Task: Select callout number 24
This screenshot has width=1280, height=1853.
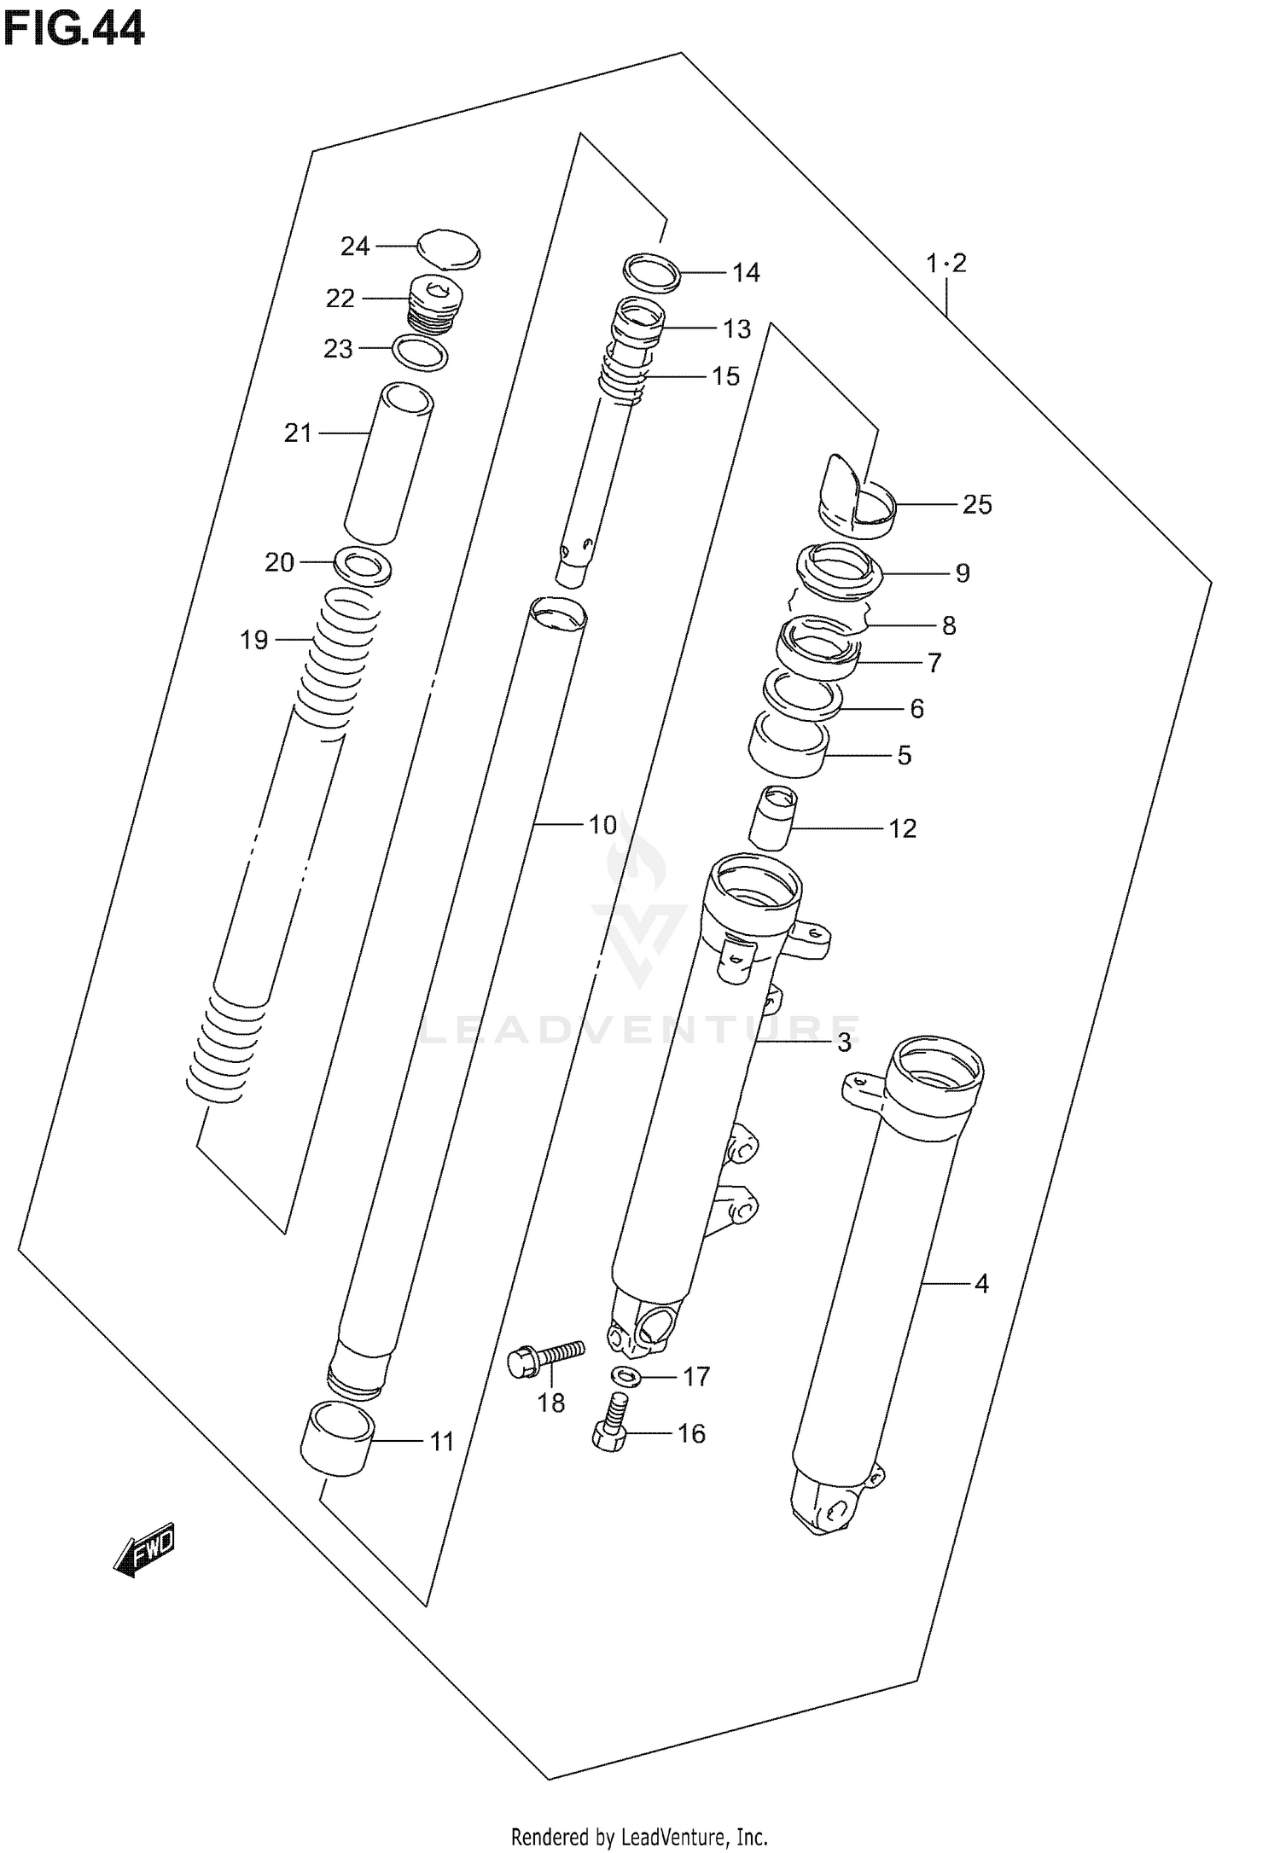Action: (355, 247)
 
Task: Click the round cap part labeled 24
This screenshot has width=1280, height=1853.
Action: (450, 249)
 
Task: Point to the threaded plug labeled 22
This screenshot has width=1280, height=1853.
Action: (434, 302)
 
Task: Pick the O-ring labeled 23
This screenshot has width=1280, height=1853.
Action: (419, 352)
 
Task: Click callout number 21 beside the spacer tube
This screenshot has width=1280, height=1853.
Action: (298, 433)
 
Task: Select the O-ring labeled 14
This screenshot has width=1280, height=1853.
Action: (652, 272)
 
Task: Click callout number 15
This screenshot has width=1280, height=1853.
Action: (726, 376)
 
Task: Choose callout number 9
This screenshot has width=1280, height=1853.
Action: (963, 572)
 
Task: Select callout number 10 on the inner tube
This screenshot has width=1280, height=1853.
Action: (602, 825)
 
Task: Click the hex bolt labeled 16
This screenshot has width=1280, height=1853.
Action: (609, 1433)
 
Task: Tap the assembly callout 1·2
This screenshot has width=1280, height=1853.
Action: (946, 264)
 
